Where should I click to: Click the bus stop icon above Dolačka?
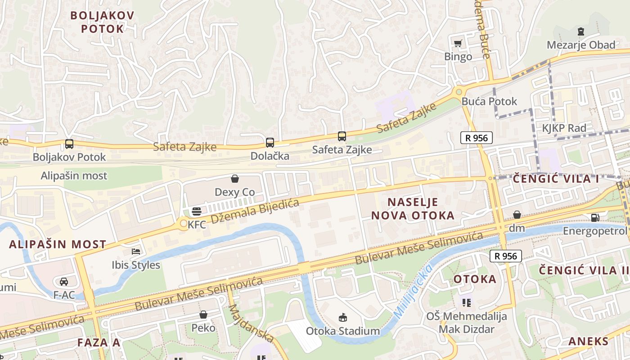[x=270, y=143]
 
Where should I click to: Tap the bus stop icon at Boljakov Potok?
[x=69, y=144]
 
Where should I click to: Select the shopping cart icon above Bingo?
[x=458, y=43]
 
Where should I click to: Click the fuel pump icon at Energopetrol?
[x=595, y=218]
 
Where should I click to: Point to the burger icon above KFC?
[x=197, y=211]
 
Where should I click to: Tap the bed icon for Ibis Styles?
[x=136, y=251]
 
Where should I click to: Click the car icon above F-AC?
[x=64, y=282]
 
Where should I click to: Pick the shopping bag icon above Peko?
[x=203, y=314]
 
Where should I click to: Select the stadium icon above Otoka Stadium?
[x=343, y=317]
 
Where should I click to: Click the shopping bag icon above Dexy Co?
[x=234, y=179]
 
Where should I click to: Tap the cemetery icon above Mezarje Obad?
[x=581, y=31]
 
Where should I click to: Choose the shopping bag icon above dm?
[x=517, y=215]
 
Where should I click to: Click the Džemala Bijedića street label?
[x=255, y=211]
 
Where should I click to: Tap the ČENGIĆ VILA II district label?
[x=584, y=270]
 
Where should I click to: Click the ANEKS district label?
[x=588, y=341]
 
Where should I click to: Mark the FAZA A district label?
[x=99, y=342]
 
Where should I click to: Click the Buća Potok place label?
[x=490, y=101]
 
